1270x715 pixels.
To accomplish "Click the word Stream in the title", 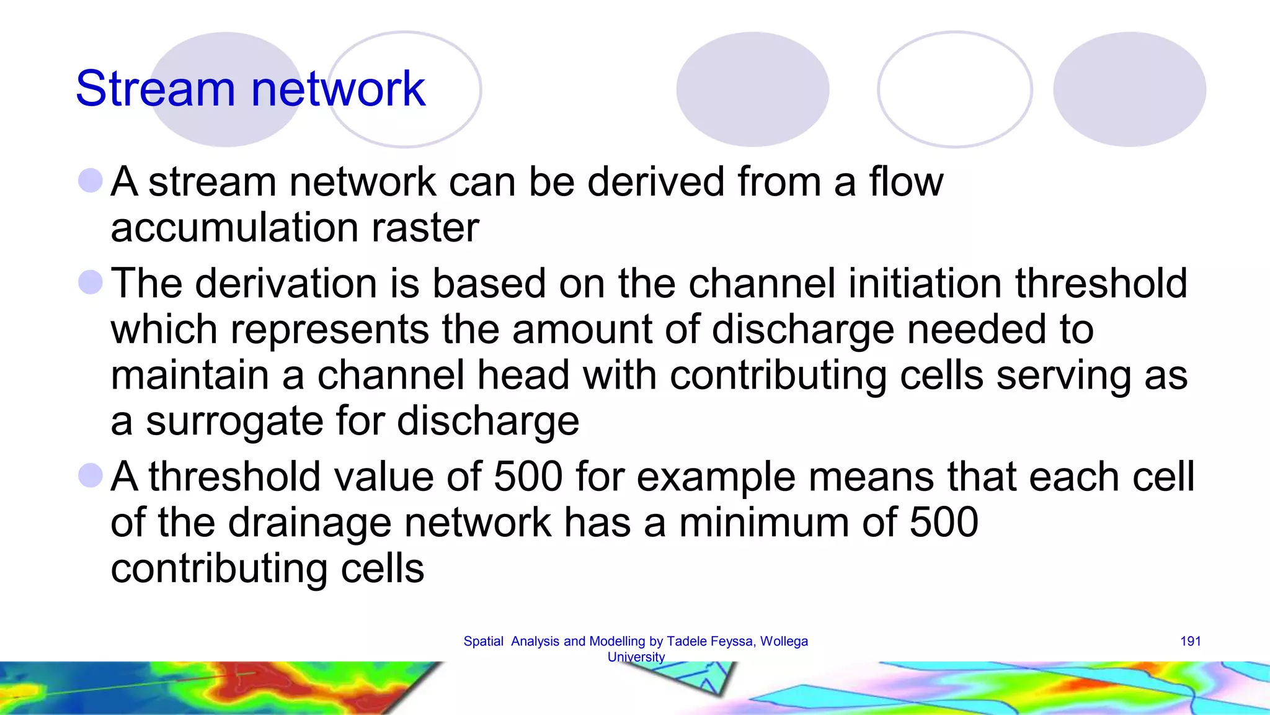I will click(x=155, y=89).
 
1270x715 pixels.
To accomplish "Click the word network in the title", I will click(x=338, y=89).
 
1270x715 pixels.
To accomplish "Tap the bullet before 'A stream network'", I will click(x=91, y=181).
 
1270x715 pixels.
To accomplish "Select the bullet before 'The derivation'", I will click(x=91, y=282).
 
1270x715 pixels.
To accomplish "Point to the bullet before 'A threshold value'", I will click(x=91, y=476).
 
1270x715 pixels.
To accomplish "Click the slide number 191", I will click(x=1190, y=641).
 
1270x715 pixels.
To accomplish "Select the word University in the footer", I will click(x=636, y=657).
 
